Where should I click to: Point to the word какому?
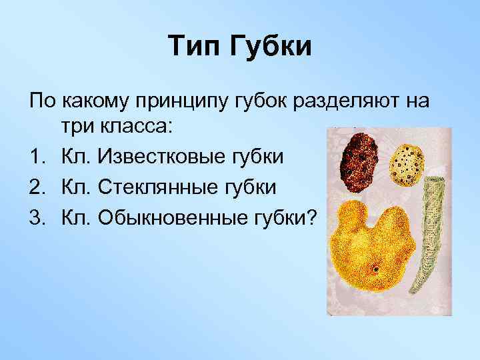[98, 102]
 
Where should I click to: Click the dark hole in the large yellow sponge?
[375, 271]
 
